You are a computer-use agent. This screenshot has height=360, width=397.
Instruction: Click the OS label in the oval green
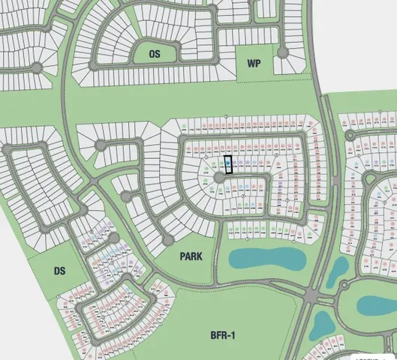pyautogui.click(x=155, y=54)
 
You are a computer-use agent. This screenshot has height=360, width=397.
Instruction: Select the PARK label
pyautogui.click(x=191, y=256)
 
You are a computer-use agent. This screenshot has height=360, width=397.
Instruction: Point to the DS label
pyautogui.click(x=61, y=271)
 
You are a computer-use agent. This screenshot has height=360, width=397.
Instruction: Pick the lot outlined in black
pyautogui.click(x=229, y=164)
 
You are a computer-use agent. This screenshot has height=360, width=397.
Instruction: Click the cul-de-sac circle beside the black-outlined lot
pyautogui.click(x=219, y=178)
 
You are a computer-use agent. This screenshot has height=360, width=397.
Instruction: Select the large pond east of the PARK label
pyautogui.click(x=267, y=259)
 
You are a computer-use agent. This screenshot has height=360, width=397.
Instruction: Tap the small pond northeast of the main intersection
pyautogui.click(x=337, y=271)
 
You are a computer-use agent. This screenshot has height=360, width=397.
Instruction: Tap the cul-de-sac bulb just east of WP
pyautogui.click(x=283, y=52)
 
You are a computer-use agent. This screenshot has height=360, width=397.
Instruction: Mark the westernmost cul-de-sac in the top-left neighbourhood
pyautogui.click(x=35, y=68)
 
